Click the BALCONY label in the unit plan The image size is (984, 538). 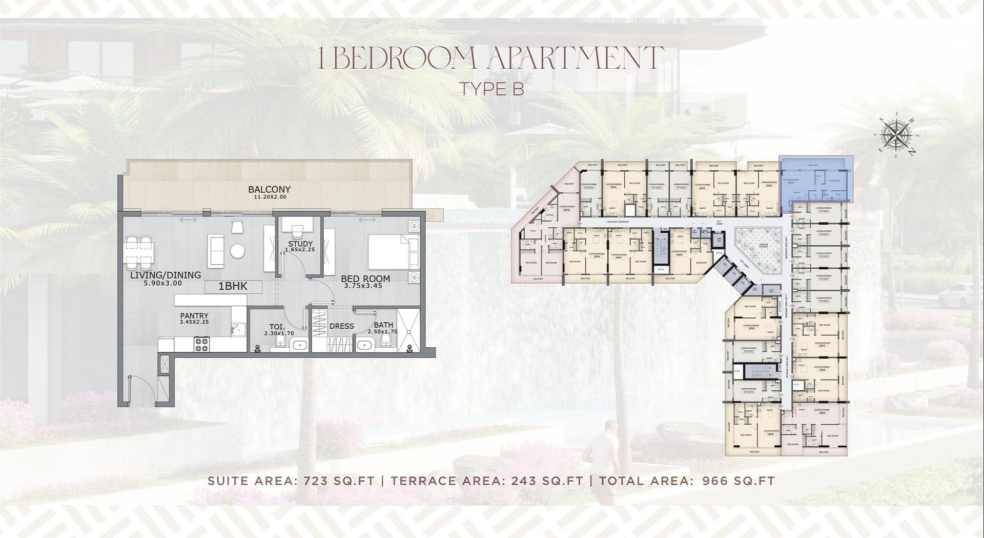tap(269, 189)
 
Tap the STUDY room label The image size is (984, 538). tap(300, 244)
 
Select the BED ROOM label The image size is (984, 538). tap(365, 279)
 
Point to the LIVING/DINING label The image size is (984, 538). tap(165, 275)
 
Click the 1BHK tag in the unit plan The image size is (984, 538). tap(233, 287)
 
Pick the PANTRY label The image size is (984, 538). tap(194, 316)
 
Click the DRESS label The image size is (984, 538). tap(341, 326)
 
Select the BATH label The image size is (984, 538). tap(383, 325)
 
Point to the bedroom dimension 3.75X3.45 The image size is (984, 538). tap(363, 286)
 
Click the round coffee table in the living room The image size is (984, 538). tap(238, 251)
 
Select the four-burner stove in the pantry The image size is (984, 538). tap(201, 345)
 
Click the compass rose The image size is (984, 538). tap(896, 135)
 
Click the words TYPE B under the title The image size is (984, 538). tap(491, 89)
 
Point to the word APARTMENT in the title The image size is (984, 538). tap(575, 58)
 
